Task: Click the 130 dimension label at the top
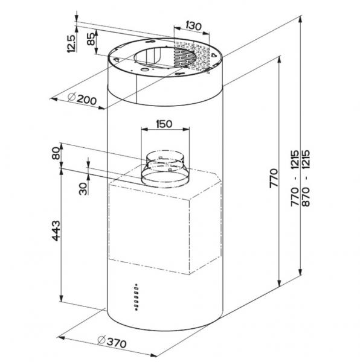click(x=193, y=26)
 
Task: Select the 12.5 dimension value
click(x=71, y=43)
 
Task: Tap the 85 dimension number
click(x=91, y=39)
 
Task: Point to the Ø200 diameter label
click(x=82, y=99)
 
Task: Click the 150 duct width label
click(x=164, y=124)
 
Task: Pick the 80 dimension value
click(x=56, y=153)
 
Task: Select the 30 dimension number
click(x=83, y=189)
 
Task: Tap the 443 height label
click(x=56, y=231)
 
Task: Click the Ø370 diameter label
click(x=112, y=341)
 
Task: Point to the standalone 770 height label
click(x=274, y=178)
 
